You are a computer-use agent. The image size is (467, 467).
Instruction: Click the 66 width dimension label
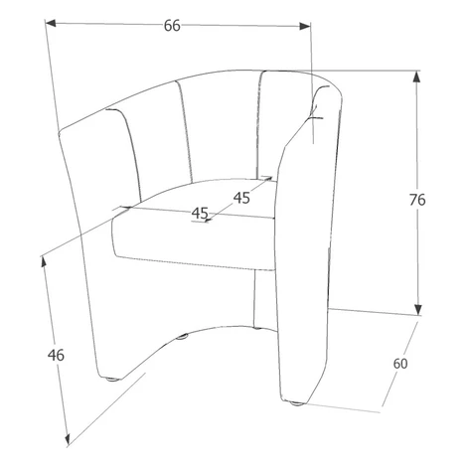(x=172, y=26)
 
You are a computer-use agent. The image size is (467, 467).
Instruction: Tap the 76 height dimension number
(x=417, y=200)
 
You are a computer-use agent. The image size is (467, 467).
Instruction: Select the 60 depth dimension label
(x=400, y=364)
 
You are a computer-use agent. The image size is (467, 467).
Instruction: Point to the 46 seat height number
(x=56, y=356)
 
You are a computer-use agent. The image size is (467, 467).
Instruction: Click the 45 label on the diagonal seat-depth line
(x=241, y=198)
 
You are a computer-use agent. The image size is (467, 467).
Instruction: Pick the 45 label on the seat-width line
(x=200, y=213)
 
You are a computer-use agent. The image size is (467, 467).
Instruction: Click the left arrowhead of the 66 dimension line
(x=51, y=23)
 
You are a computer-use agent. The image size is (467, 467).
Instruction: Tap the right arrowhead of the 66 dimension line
(x=304, y=26)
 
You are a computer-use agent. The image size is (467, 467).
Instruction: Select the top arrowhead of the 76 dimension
(x=417, y=77)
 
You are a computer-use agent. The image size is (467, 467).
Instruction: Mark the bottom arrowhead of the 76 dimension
(x=418, y=309)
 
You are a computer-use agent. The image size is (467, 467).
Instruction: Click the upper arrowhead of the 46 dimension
(x=44, y=262)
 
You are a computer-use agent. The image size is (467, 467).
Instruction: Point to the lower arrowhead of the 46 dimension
(x=68, y=438)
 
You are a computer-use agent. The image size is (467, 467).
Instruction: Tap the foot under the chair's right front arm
(x=296, y=403)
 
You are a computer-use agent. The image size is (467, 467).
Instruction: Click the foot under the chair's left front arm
(x=112, y=379)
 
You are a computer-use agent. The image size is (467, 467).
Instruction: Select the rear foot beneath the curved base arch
(x=182, y=337)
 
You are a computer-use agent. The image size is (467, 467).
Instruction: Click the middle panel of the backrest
(x=219, y=127)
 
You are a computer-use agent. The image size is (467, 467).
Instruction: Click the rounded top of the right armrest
(x=326, y=92)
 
